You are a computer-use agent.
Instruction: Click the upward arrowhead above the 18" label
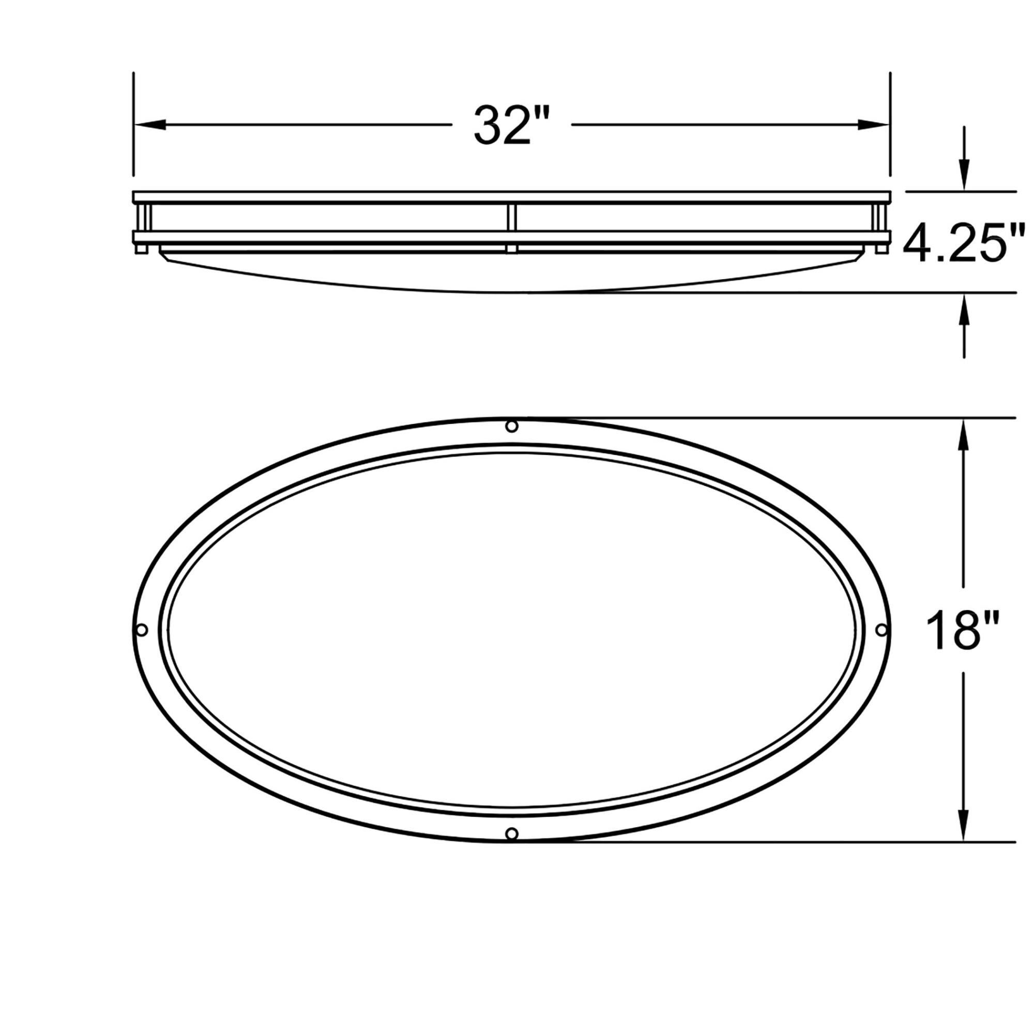[964, 434]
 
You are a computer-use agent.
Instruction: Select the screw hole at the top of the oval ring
[512, 427]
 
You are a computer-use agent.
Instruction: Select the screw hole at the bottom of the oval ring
[512, 833]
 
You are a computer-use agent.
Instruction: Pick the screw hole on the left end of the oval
[142, 630]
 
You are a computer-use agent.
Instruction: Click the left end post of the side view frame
[143, 217]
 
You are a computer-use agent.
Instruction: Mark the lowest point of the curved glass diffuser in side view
[512, 292]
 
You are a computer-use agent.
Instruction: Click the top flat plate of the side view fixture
[512, 197]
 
